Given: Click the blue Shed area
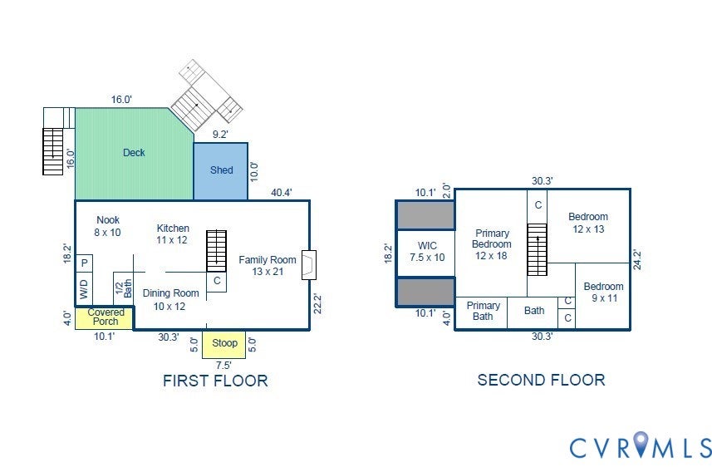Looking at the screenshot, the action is click(x=221, y=171).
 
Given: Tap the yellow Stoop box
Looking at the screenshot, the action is click(x=223, y=344).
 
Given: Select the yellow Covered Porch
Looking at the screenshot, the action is click(x=104, y=318).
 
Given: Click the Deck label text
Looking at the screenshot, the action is click(x=134, y=153).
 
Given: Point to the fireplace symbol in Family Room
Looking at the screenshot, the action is click(x=309, y=265).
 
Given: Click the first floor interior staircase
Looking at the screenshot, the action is click(x=216, y=251).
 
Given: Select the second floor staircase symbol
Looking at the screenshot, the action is click(x=538, y=249).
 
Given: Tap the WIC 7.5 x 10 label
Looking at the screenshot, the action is click(x=427, y=252).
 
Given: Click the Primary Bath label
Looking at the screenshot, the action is click(x=484, y=311).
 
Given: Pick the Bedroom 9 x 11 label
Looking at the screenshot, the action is click(x=603, y=292).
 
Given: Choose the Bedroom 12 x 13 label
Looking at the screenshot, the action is click(x=588, y=223).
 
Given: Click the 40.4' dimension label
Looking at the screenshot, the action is click(x=282, y=193).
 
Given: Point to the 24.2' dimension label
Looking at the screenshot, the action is click(x=637, y=259).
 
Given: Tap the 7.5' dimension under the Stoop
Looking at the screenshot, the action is click(x=223, y=366).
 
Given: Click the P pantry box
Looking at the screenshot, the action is click(x=85, y=263).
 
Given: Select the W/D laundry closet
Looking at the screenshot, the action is click(x=85, y=289).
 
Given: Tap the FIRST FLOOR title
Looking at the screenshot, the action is click(x=215, y=381).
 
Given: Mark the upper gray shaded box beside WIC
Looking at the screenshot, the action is click(x=425, y=215).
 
